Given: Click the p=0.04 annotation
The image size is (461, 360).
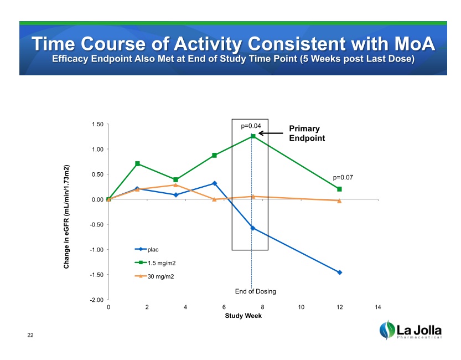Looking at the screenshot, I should click(x=251, y=126).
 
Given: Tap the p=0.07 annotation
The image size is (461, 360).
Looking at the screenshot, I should click(x=343, y=177).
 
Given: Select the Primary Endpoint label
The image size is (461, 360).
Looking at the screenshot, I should click(x=307, y=133).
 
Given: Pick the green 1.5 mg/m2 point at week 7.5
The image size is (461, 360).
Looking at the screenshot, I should click(x=252, y=136).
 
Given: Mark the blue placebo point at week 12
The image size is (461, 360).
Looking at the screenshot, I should click(x=339, y=272).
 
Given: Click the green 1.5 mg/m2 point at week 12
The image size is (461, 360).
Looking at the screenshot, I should click(x=339, y=189).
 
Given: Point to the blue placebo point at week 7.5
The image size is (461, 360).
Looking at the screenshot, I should click(x=252, y=228).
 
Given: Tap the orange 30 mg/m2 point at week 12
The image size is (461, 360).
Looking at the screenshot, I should click(x=339, y=200).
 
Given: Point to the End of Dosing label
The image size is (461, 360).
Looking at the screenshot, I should click(x=255, y=291).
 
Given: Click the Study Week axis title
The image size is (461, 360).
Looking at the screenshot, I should click(x=243, y=316).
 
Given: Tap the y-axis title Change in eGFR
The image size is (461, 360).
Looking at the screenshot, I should click(x=66, y=217).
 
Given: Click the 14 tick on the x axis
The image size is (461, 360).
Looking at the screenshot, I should click(x=378, y=307).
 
